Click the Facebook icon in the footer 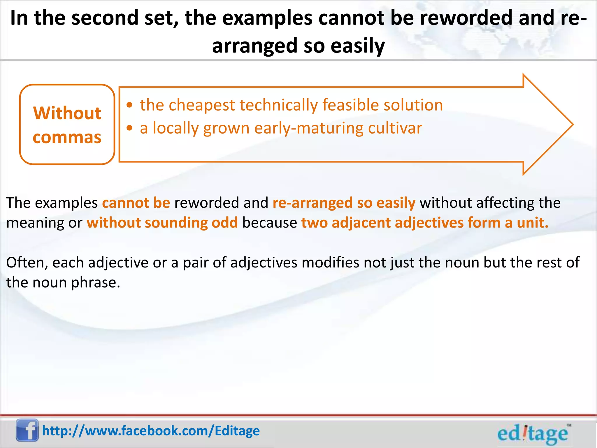[x=27, y=430]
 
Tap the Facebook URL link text [x=151, y=431]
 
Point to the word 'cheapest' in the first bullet [x=202, y=105]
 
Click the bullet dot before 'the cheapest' [x=130, y=105]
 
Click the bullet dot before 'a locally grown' [x=130, y=128]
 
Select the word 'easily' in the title [x=358, y=46]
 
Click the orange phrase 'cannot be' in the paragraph [x=136, y=203]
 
